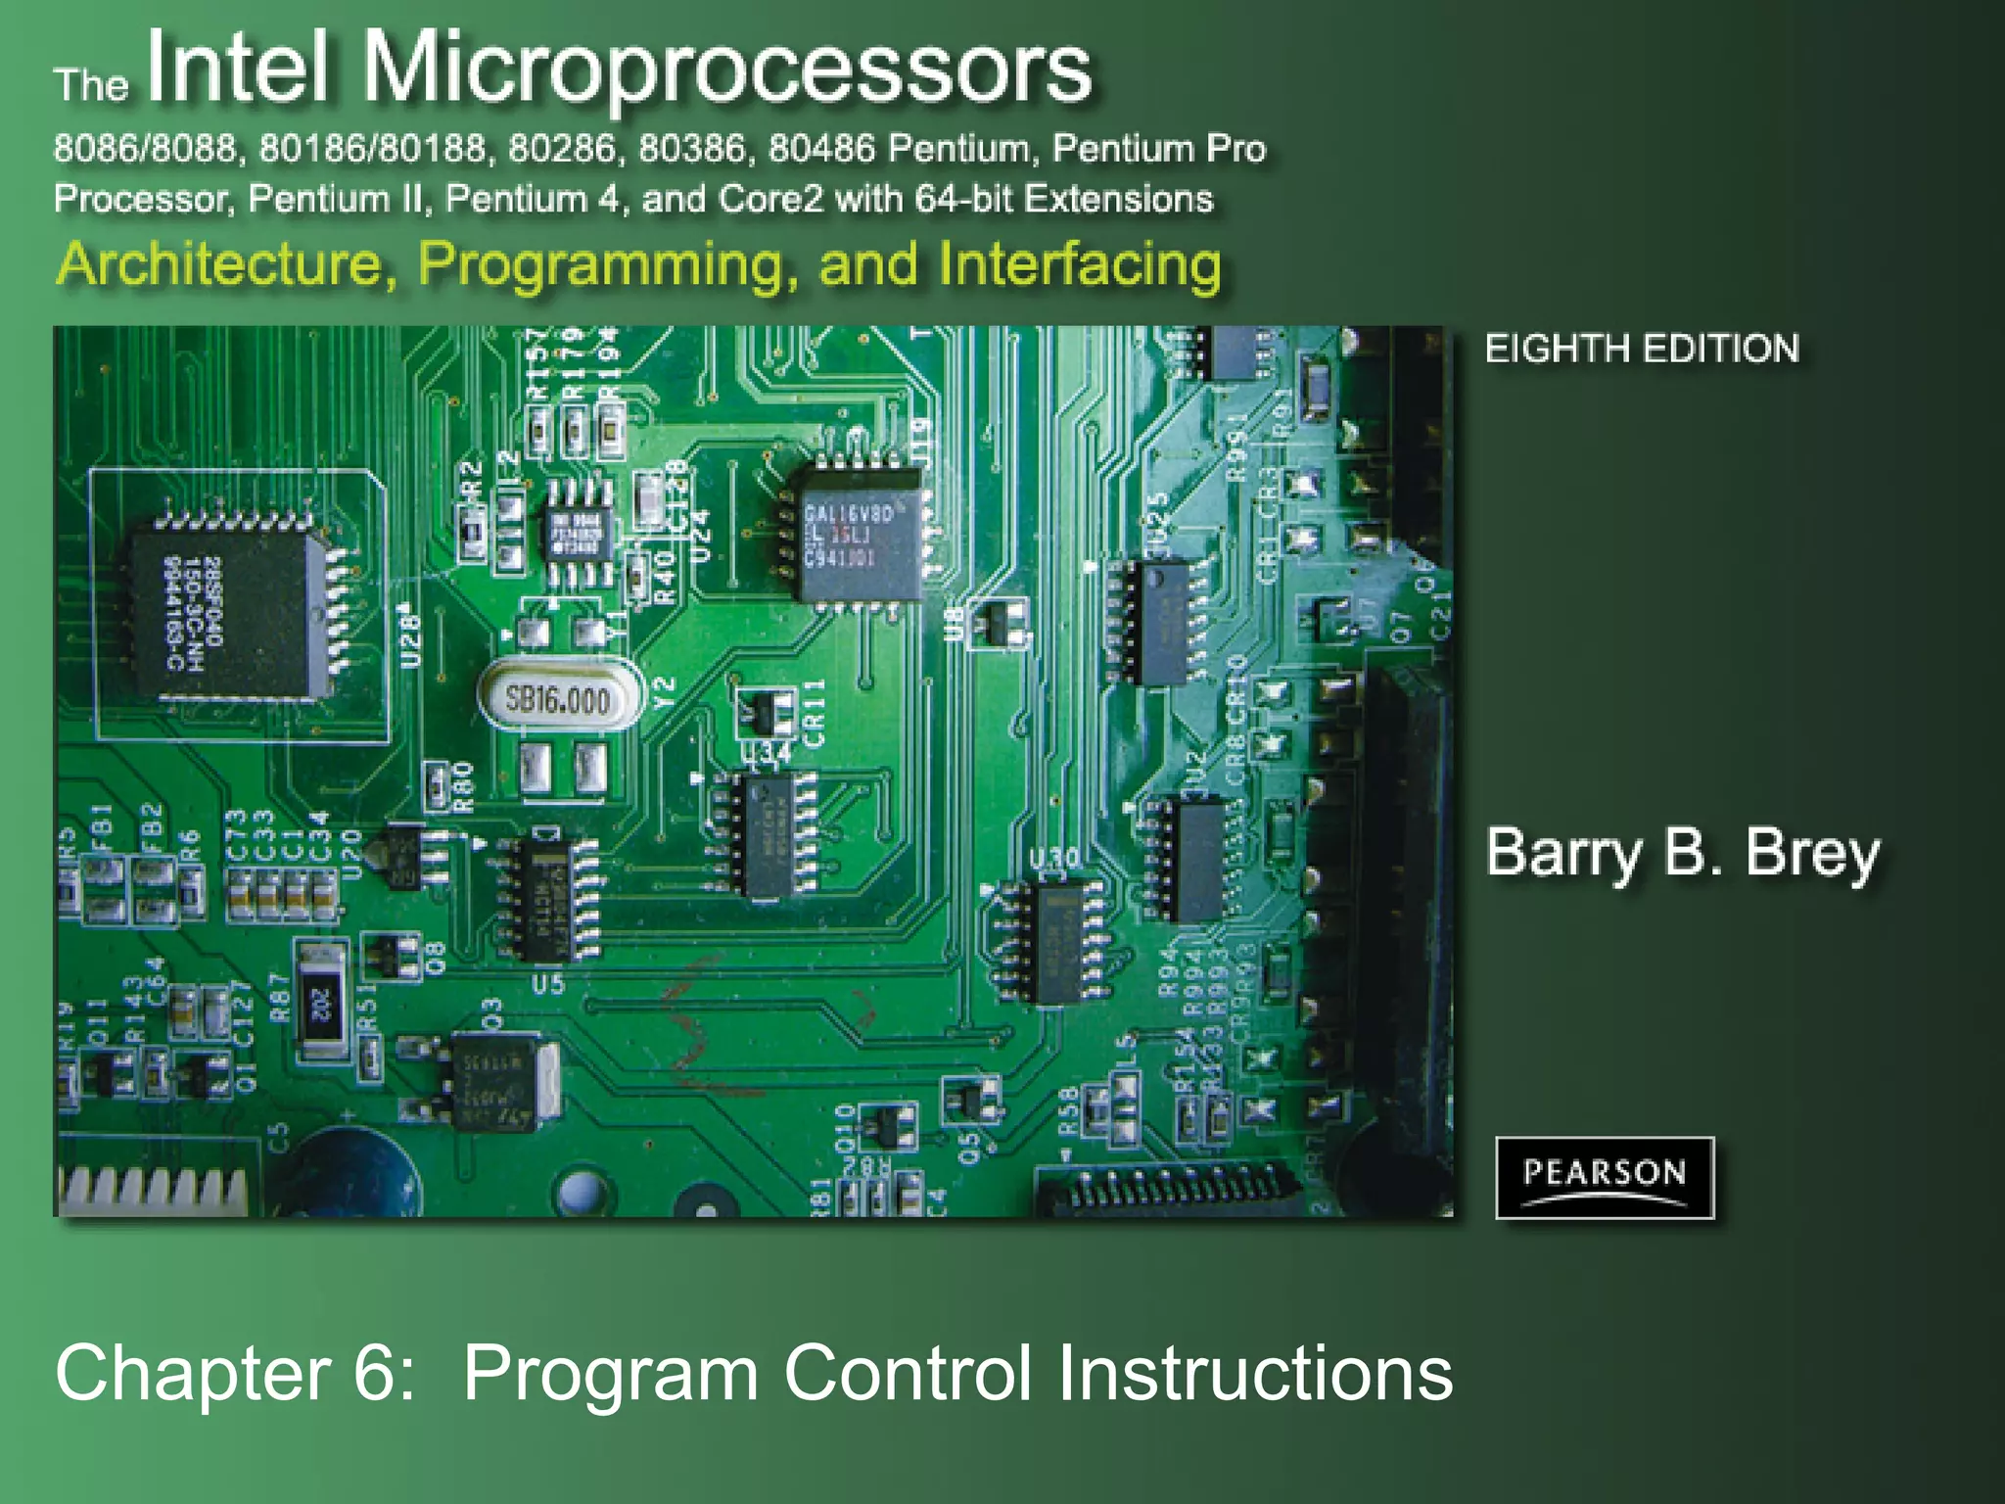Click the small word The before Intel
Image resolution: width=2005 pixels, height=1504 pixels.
point(90,85)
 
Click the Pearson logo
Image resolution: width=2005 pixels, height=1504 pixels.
point(1604,1176)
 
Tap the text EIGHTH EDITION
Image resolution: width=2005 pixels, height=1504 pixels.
point(1642,349)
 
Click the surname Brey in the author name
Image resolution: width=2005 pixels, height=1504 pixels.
point(1811,853)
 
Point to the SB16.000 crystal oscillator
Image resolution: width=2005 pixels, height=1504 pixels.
point(558,698)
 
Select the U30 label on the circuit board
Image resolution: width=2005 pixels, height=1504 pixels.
point(1054,859)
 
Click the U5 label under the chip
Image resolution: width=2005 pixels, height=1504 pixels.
point(548,983)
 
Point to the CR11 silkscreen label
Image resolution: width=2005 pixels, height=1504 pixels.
point(815,713)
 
